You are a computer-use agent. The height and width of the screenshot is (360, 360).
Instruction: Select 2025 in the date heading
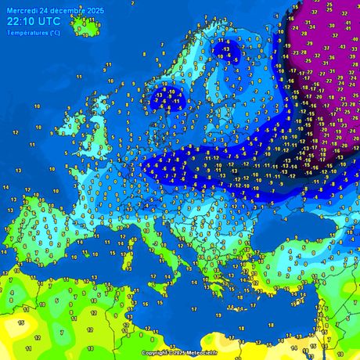point(95,9)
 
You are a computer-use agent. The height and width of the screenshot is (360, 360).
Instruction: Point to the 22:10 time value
point(20,22)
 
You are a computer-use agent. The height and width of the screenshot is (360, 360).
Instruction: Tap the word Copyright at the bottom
point(155,353)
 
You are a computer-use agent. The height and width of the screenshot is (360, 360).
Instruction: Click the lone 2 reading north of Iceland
point(133,3)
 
